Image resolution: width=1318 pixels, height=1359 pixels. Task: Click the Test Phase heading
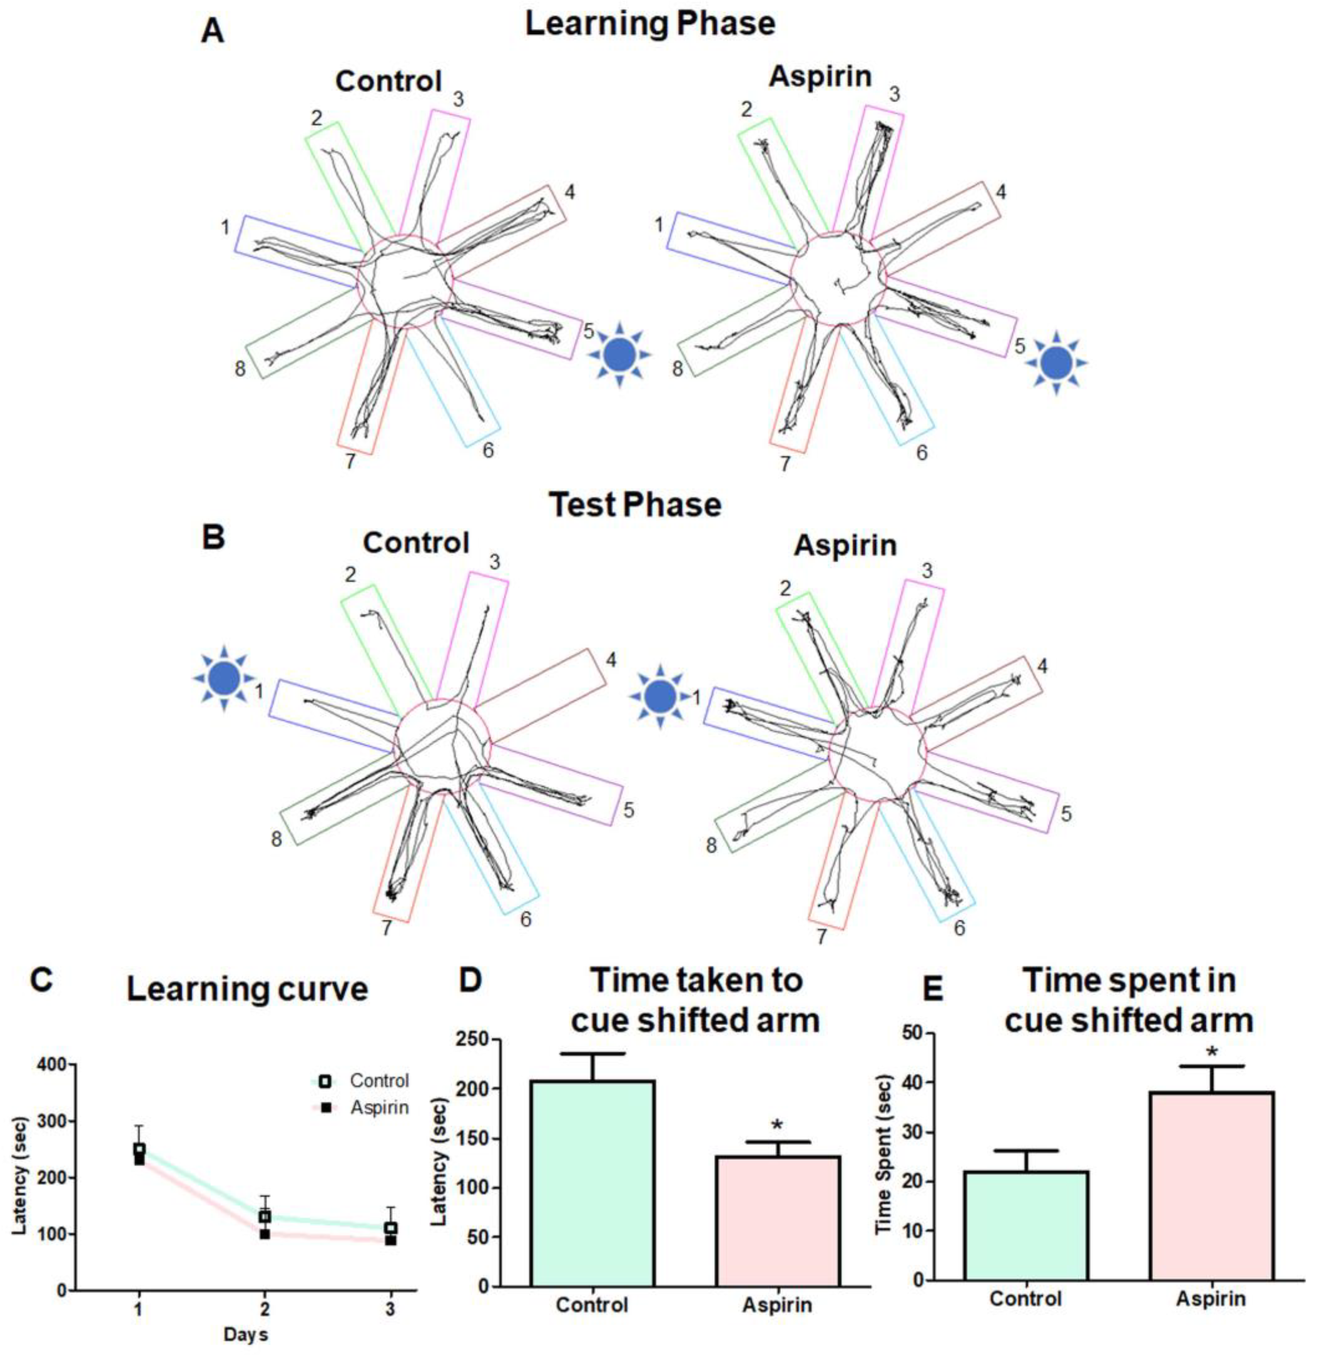click(635, 505)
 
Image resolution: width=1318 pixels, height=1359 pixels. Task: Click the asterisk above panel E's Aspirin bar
click(1212, 1053)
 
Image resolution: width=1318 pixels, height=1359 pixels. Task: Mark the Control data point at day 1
click(139, 1149)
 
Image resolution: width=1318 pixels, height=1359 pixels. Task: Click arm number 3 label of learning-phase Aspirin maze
click(895, 94)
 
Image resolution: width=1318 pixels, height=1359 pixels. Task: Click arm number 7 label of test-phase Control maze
click(386, 928)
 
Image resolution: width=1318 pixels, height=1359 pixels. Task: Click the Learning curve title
click(247, 989)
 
